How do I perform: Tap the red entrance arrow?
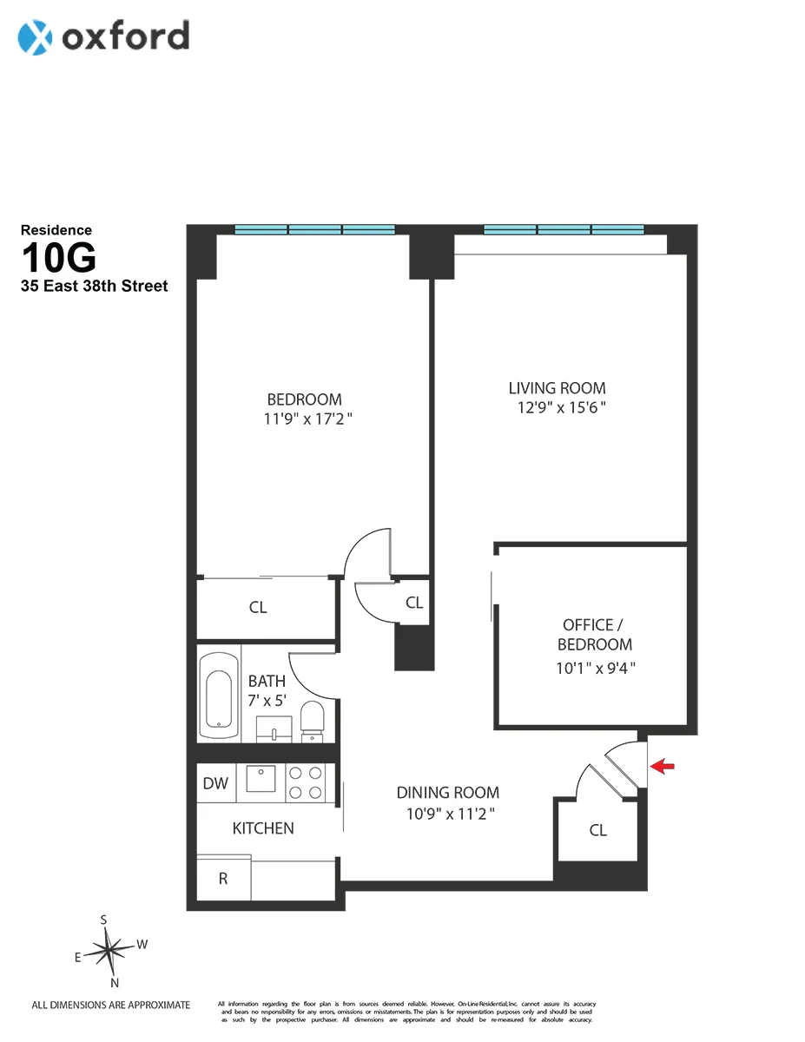pos(663,766)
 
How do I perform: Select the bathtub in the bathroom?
pos(217,692)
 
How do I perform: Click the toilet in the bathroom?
pos(312,721)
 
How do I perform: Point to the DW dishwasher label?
pos(215,784)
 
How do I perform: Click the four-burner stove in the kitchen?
pos(307,781)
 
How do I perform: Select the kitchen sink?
pos(261,779)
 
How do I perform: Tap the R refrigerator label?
pos(223,879)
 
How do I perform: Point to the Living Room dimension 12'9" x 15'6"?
pos(557,409)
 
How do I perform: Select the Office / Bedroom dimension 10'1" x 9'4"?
pos(597,668)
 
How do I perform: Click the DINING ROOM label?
pos(447,793)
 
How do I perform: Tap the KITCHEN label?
pos(262,828)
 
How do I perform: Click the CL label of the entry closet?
pos(597,831)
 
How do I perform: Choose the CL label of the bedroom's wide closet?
pos(258,608)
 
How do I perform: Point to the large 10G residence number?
pos(58,259)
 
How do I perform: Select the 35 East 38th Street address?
pos(95,286)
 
